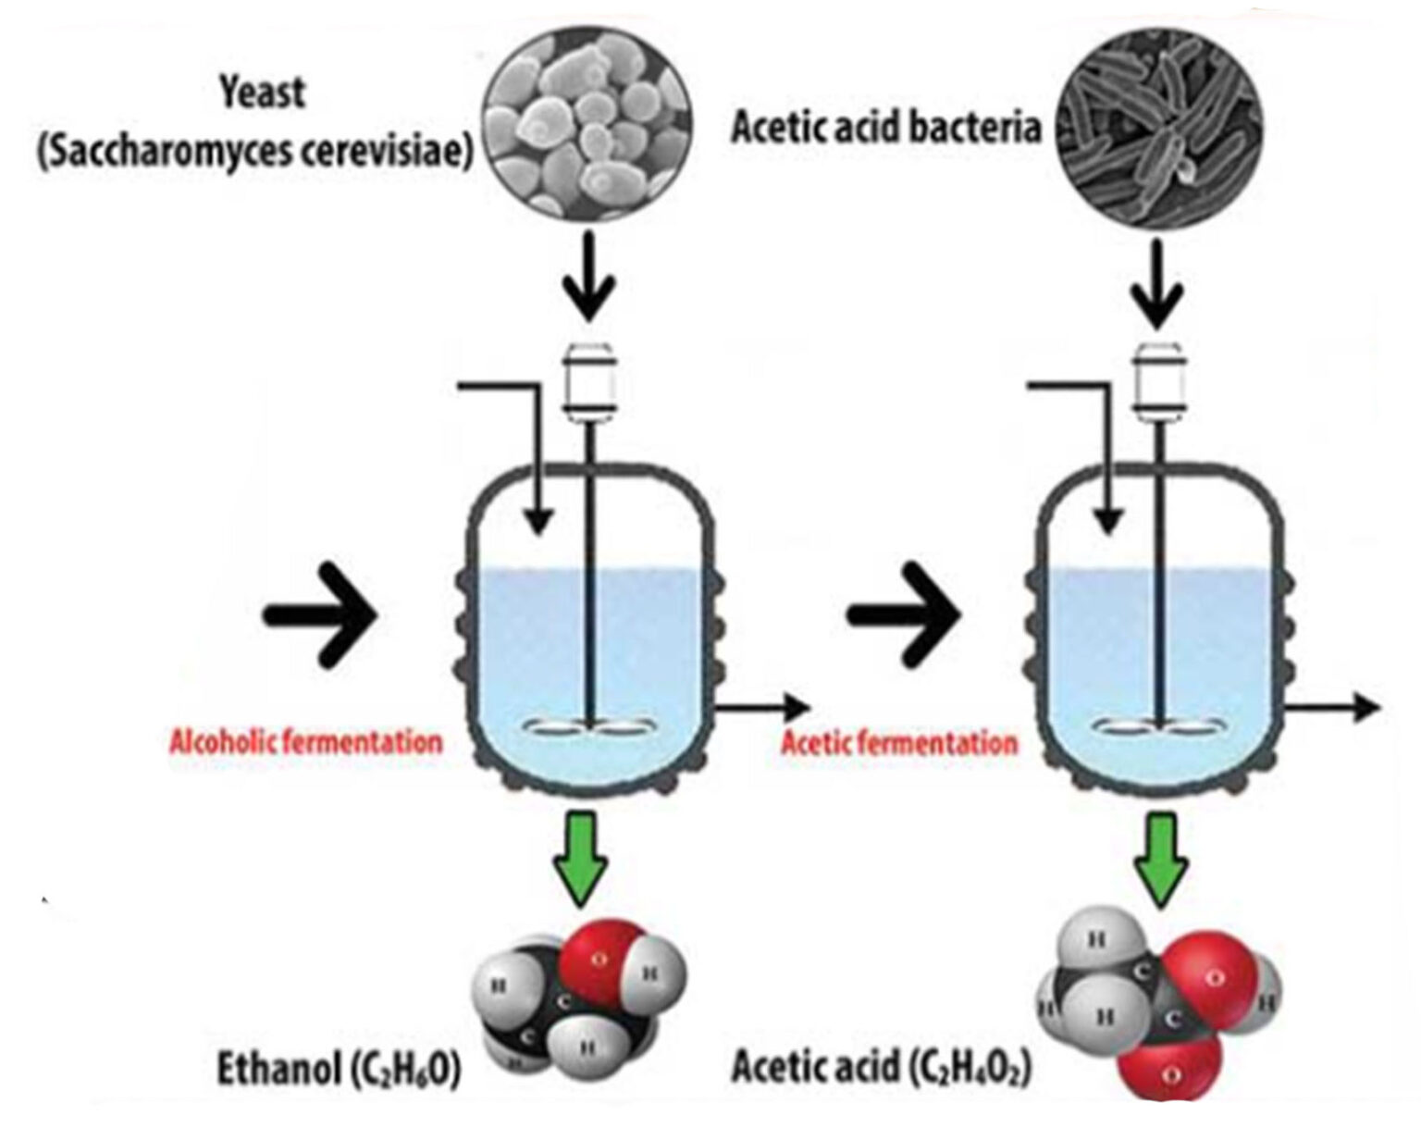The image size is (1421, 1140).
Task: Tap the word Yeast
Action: click(262, 93)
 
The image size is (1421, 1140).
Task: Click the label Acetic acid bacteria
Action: click(885, 128)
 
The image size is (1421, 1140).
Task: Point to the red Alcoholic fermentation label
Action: click(305, 742)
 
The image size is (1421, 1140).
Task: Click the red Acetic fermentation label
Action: click(899, 743)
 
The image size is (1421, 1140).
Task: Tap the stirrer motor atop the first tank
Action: click(591, 382)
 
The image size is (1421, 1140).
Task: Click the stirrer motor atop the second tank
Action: click(1158, 382)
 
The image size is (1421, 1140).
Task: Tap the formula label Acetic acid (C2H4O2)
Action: click(882, 1068)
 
